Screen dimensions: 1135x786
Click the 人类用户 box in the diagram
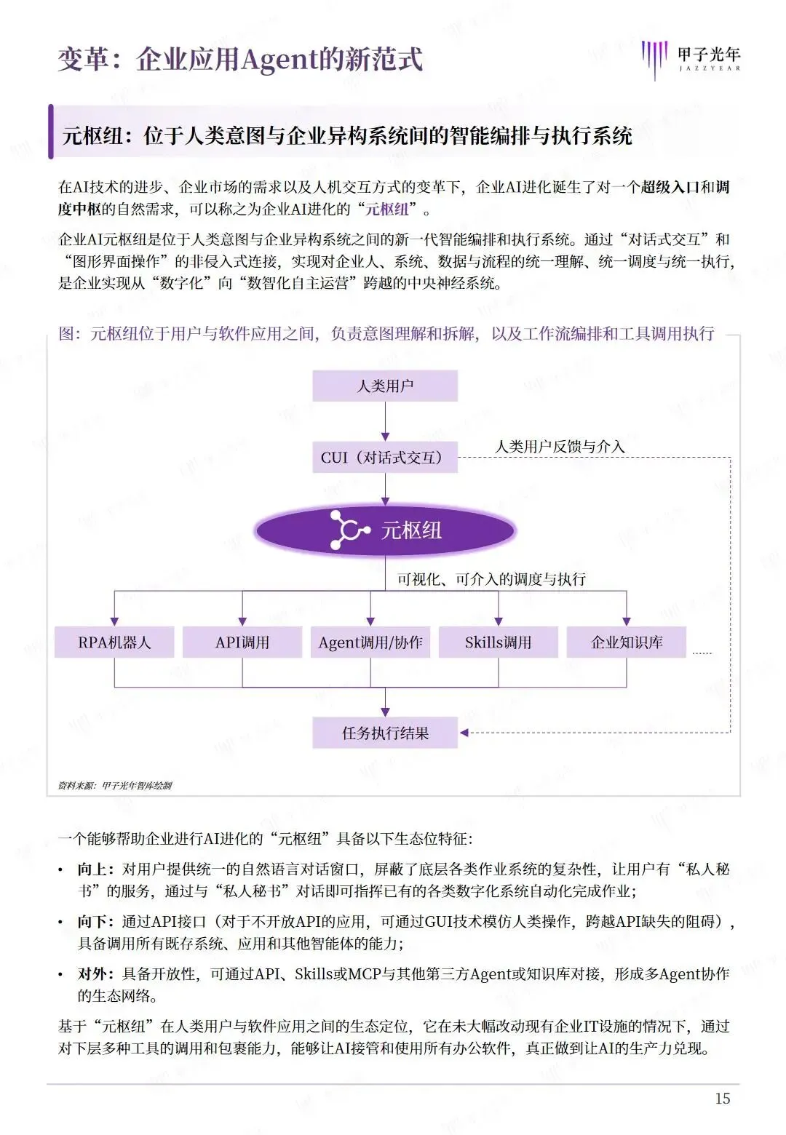385,386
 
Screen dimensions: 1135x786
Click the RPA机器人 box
114,642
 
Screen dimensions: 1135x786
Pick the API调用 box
242,642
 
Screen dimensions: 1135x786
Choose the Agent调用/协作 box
370,642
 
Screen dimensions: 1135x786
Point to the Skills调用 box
499,642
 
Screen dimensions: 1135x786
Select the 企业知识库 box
627,642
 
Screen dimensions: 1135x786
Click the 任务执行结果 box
385,733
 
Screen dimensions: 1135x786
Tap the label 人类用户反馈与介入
560,447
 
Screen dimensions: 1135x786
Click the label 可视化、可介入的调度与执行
491,579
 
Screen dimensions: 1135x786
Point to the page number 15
722,1099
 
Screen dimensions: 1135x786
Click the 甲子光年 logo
691,58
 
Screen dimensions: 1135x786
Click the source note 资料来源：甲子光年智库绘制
115,785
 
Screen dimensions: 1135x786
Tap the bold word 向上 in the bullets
95,869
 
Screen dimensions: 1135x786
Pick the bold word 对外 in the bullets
95,974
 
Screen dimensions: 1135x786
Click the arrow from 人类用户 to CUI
385,421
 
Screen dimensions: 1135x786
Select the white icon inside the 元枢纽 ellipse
349,530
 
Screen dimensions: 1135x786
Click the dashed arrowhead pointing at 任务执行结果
464,733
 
